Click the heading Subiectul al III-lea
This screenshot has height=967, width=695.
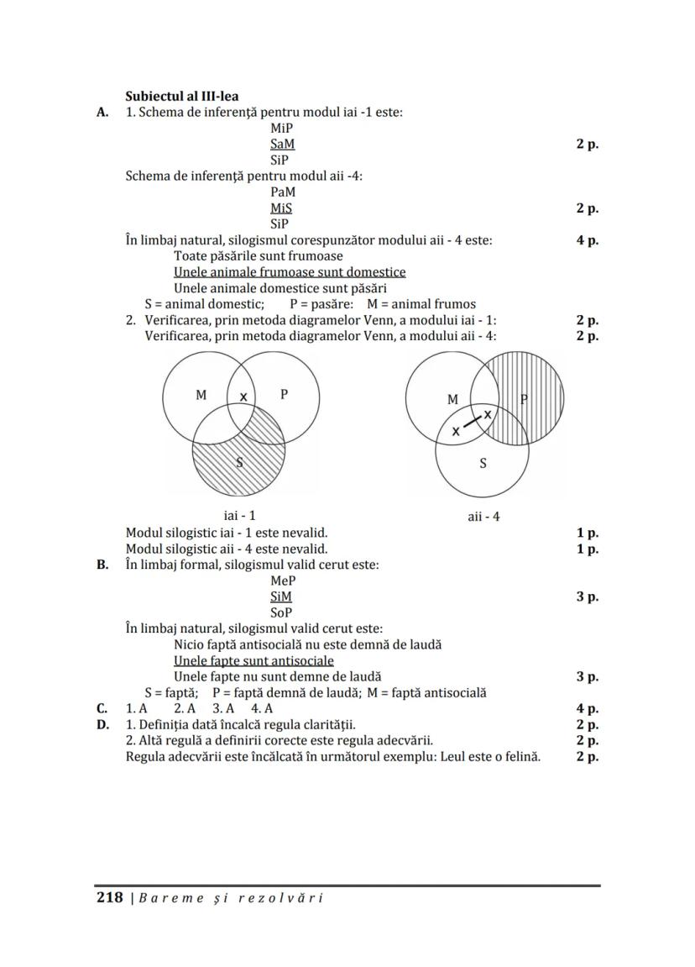181,96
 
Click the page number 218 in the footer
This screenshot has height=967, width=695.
110,897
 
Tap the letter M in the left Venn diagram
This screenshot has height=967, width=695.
201,394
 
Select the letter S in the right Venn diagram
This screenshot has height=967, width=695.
483,462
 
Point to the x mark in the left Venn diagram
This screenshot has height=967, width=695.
243,397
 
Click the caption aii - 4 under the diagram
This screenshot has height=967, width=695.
483,517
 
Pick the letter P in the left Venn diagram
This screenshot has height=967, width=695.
285,394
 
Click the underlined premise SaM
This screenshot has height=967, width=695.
282,144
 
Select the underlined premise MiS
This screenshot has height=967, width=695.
281,208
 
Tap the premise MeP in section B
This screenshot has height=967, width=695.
283,581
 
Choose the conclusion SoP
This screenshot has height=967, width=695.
281,612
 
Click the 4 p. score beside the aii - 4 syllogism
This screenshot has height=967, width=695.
588,240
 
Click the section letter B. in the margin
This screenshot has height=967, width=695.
102,565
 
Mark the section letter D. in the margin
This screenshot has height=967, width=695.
102,724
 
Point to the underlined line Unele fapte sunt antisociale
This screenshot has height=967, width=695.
253,660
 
